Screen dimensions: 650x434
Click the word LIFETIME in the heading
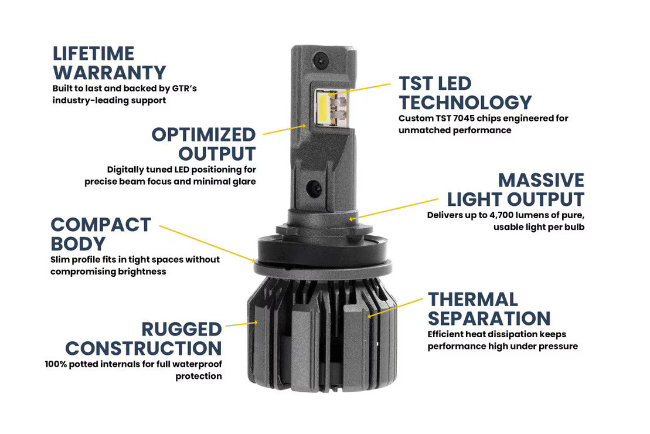pos(94,53)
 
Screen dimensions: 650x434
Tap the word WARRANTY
pos(110,73)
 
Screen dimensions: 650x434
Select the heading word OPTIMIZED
pos(203,135)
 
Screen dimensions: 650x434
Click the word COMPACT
pos(101,225)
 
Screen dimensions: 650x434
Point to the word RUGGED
pos(182,330)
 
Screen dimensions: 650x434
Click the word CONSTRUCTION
pos(144,348)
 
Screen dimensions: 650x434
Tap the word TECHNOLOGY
pos(465,103)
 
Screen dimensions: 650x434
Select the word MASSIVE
pos(542,181)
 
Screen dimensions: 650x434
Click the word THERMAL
pos(473,300)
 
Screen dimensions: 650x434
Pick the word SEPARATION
pos(489,318)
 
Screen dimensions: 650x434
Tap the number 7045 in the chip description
pos(464,118)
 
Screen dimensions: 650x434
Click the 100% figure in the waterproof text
pos(56,364)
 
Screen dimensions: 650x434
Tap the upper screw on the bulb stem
pos(321,60)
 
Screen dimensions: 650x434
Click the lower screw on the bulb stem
pos(314,189)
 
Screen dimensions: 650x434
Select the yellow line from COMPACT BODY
pos(207,244)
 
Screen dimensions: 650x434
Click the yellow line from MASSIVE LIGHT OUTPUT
pos(393,209)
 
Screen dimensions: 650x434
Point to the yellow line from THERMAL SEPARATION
pos(396,307)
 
